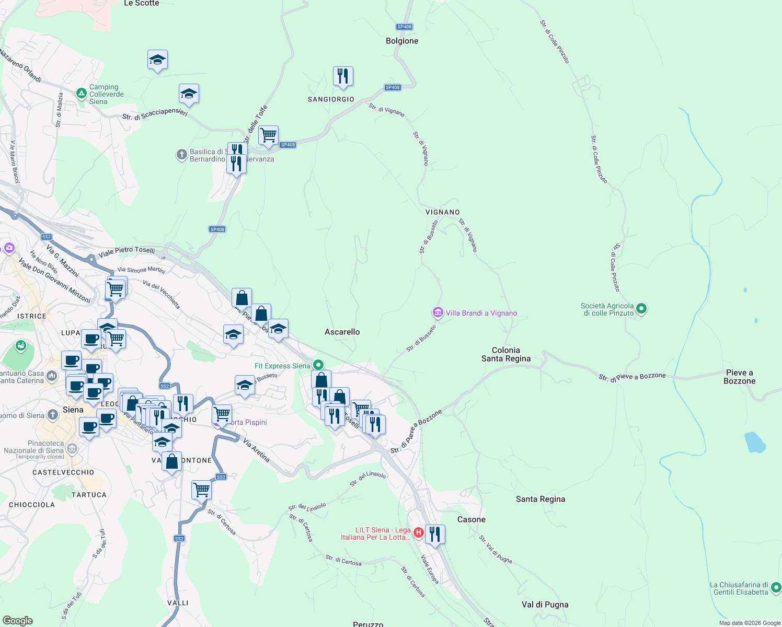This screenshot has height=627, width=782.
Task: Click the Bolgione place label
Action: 402,41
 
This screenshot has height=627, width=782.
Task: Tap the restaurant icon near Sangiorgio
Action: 343,76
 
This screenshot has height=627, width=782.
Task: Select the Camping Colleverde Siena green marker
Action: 81,94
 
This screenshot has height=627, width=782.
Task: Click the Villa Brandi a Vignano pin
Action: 438,312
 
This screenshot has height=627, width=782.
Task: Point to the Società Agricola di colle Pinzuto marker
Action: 642,309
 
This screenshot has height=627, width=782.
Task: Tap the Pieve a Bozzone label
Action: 739,377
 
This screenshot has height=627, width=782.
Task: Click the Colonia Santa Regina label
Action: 505,354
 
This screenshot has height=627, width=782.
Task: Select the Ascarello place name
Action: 342,332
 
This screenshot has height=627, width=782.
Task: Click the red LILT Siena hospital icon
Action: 418,532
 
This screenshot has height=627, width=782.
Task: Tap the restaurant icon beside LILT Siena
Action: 435,535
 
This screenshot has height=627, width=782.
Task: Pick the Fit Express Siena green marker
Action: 318,365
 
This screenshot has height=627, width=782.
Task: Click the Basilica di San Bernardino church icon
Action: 181,155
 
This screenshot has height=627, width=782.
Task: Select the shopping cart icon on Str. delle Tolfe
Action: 268,135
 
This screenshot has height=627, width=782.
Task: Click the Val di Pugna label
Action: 545,605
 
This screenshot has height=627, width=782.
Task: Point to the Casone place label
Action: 471,519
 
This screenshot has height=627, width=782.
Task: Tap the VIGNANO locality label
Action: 442,212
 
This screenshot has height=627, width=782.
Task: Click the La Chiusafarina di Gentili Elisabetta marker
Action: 776,588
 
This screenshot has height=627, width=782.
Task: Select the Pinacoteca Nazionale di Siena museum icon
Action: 72,448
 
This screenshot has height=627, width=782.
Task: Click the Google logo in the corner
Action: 18,620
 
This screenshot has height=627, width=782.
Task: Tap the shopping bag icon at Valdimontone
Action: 171,462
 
